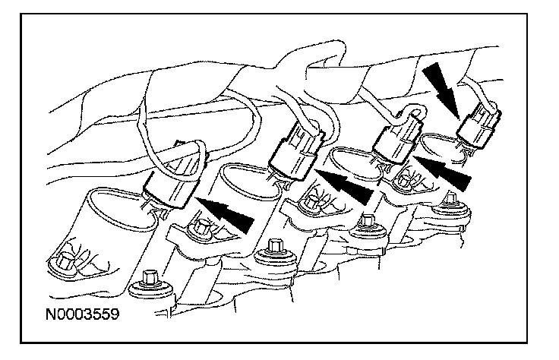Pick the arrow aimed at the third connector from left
[444, 173]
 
